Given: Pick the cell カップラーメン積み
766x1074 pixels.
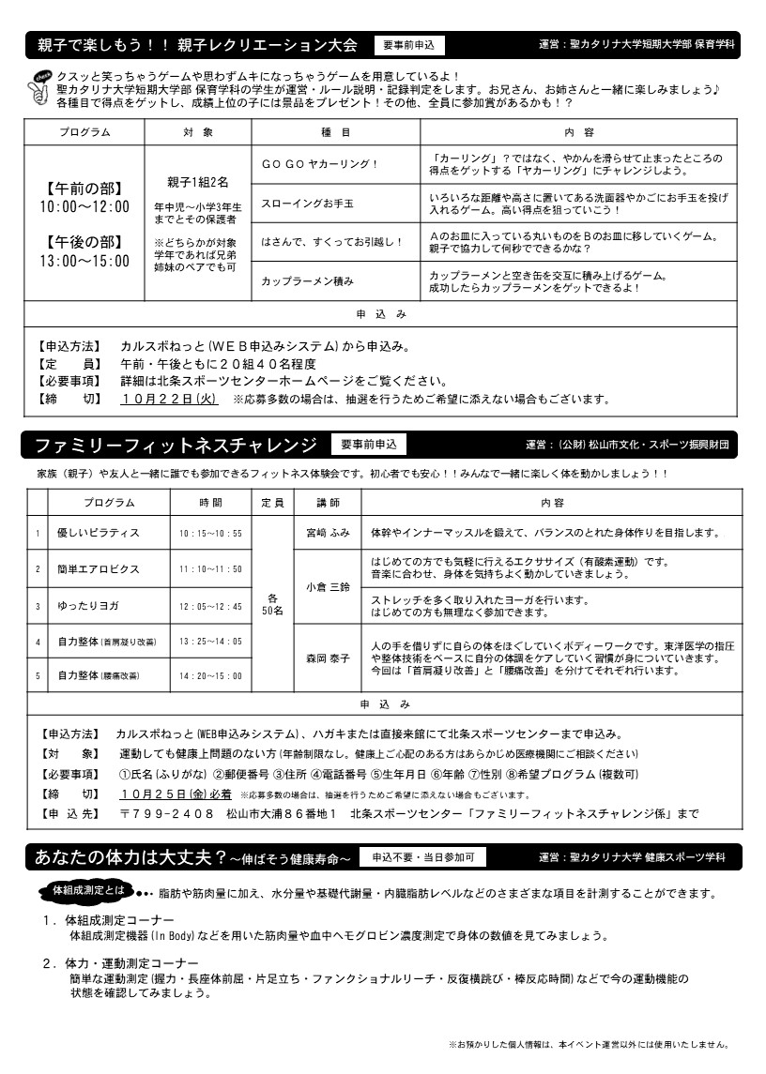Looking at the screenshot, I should click(x=307, y=280).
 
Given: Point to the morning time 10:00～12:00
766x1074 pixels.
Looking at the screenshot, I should click(x=84, y=206).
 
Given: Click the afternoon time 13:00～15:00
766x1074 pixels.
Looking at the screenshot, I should click(x=84, y=262).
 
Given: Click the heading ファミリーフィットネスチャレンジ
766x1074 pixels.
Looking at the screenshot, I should click(x=176, y=445).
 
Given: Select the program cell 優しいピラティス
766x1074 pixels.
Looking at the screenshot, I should click(x=99, y=533).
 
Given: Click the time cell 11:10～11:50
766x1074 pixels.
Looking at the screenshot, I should click(x=210, y=569).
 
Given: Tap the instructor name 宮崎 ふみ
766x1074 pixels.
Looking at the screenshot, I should click(x=328, y=533).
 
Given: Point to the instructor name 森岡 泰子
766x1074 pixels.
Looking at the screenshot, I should click(x=328, y=658).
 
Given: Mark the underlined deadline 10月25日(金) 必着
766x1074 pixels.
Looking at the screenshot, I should click(x=176, y=794).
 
